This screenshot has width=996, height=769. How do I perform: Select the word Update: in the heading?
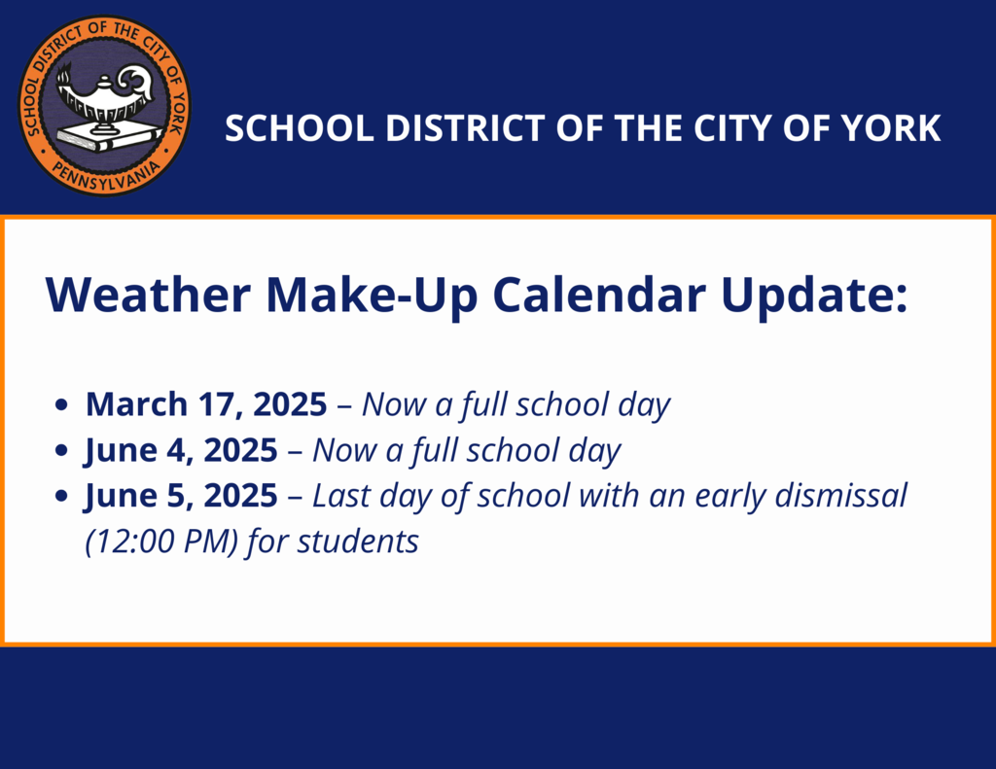[813, 295]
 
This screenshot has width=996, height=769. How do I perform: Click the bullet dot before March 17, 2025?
[62, 406]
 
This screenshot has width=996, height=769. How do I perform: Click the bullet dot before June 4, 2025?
[62, 452]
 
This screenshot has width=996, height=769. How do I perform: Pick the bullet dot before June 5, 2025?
[62, 498]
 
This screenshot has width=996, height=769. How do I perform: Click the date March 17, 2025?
[206, 404]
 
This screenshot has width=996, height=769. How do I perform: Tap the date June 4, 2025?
[181, 450]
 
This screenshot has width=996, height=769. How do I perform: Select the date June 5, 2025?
[181, 496]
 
